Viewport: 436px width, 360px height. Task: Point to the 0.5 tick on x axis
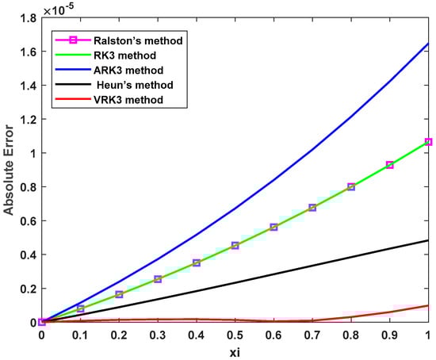pos(235,335)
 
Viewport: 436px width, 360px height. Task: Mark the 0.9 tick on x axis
pos(389,335)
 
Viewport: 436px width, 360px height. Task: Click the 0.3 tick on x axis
pos(157,335)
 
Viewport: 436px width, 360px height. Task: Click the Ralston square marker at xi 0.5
pos(235,246)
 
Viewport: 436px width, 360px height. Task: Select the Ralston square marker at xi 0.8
pos(351,187)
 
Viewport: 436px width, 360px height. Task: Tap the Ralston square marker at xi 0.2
pos(119,295)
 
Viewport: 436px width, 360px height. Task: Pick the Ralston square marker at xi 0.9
pos(389,165)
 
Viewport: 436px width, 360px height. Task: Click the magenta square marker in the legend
pos(68,40)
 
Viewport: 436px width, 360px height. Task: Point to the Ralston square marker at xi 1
pos(428,142)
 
